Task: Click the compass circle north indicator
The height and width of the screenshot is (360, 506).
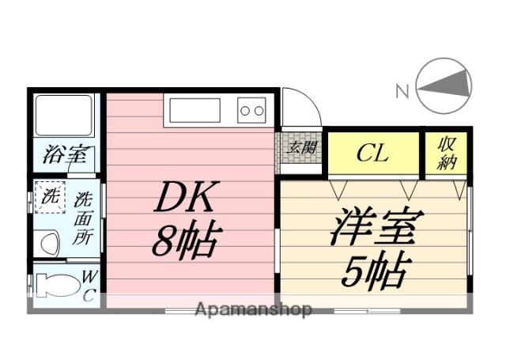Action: [x=444, y=86]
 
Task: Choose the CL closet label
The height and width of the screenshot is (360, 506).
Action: [x=372, y=153]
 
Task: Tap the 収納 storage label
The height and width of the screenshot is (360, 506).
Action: [x=447, y=153]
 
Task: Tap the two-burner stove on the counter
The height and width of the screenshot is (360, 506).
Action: [x=252, y=110]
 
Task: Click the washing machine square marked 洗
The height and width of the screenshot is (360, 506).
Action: [x=48, y=199]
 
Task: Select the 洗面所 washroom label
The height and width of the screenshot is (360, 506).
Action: [x=82, y=218]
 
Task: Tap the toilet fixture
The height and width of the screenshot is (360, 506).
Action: [x=57, y=285]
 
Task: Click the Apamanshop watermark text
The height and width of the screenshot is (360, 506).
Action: [x=253, y=309]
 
